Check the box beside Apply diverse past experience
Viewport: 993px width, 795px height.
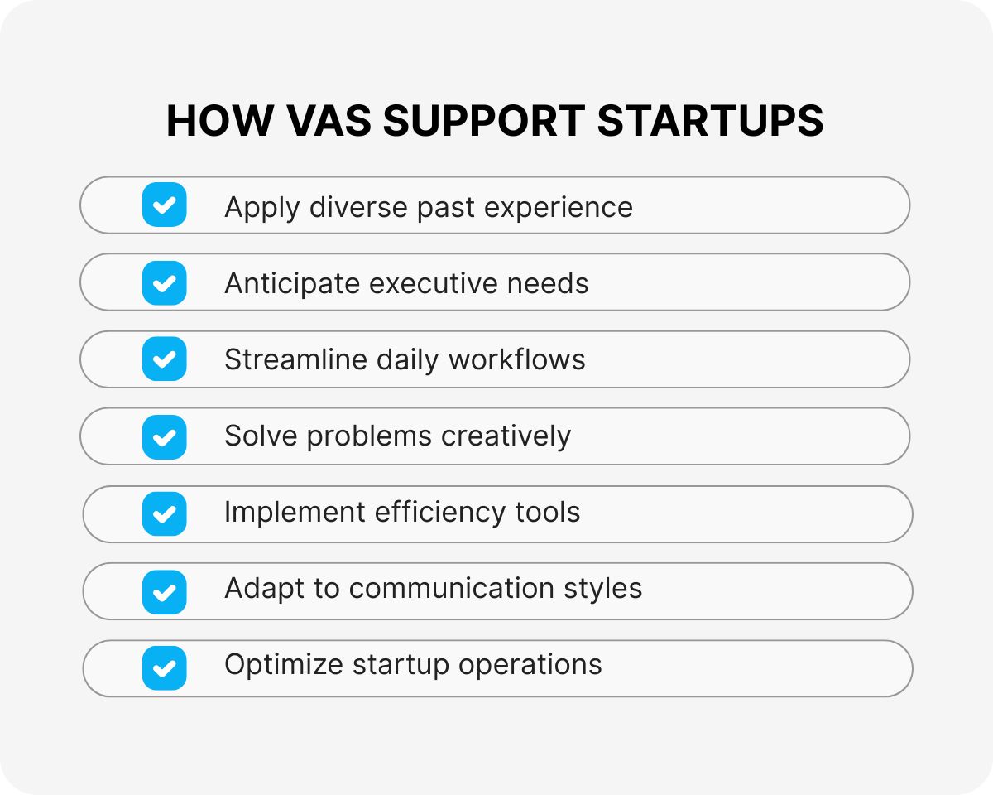click(x=164, y=205)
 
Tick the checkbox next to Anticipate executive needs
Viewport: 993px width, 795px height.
click(x=164, y=282)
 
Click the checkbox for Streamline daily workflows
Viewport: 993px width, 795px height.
click(x=164, y=359)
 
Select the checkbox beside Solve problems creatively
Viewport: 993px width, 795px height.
click(x=164, y=436)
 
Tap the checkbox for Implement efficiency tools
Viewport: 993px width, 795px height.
click(x=164, y=513)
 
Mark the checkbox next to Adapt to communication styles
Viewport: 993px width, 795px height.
click(x=164, y=590)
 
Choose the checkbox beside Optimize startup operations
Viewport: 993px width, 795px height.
click(x=164, y=667)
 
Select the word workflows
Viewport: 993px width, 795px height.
click(x=516, y=359)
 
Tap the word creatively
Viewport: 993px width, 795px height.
click(x=506, y=437)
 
